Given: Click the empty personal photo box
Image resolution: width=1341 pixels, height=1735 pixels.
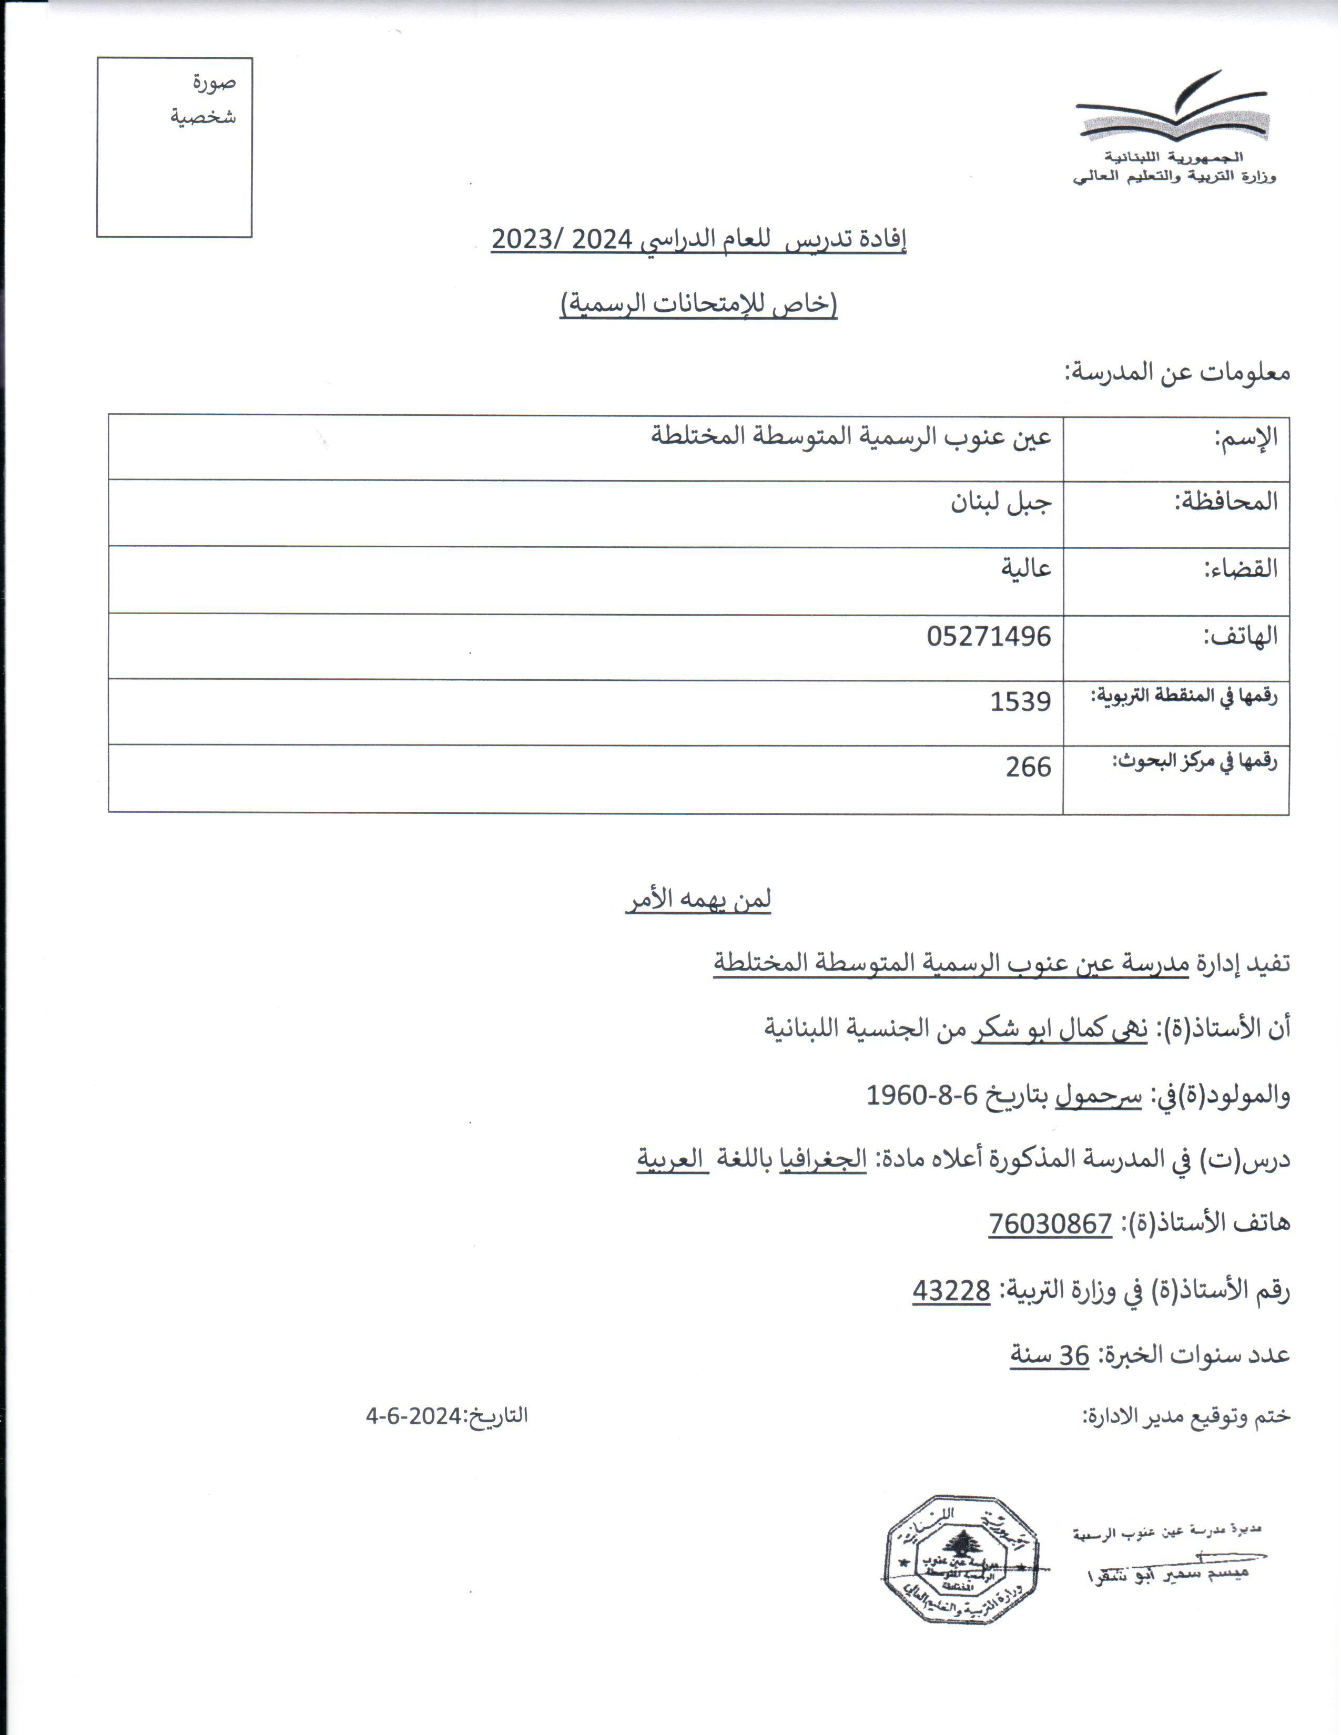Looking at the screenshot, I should pyautogui.click(x=174, y=147).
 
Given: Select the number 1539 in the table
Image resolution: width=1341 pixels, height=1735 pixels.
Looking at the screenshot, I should pyautogui.click(x=1020, y=701).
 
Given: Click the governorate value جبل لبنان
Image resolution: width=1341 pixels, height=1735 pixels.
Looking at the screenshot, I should pyautogui.click(x=1001, y=503).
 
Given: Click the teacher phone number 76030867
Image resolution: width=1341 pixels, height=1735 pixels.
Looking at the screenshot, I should pyautogui.click(x=1050, y=1223).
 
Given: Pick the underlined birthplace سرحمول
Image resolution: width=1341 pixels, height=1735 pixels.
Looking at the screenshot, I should pyautogui.click(x=1098, y=1096).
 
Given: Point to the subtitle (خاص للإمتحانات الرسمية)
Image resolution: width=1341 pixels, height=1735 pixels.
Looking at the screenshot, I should pyautogui.click(x=698, y=304).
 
